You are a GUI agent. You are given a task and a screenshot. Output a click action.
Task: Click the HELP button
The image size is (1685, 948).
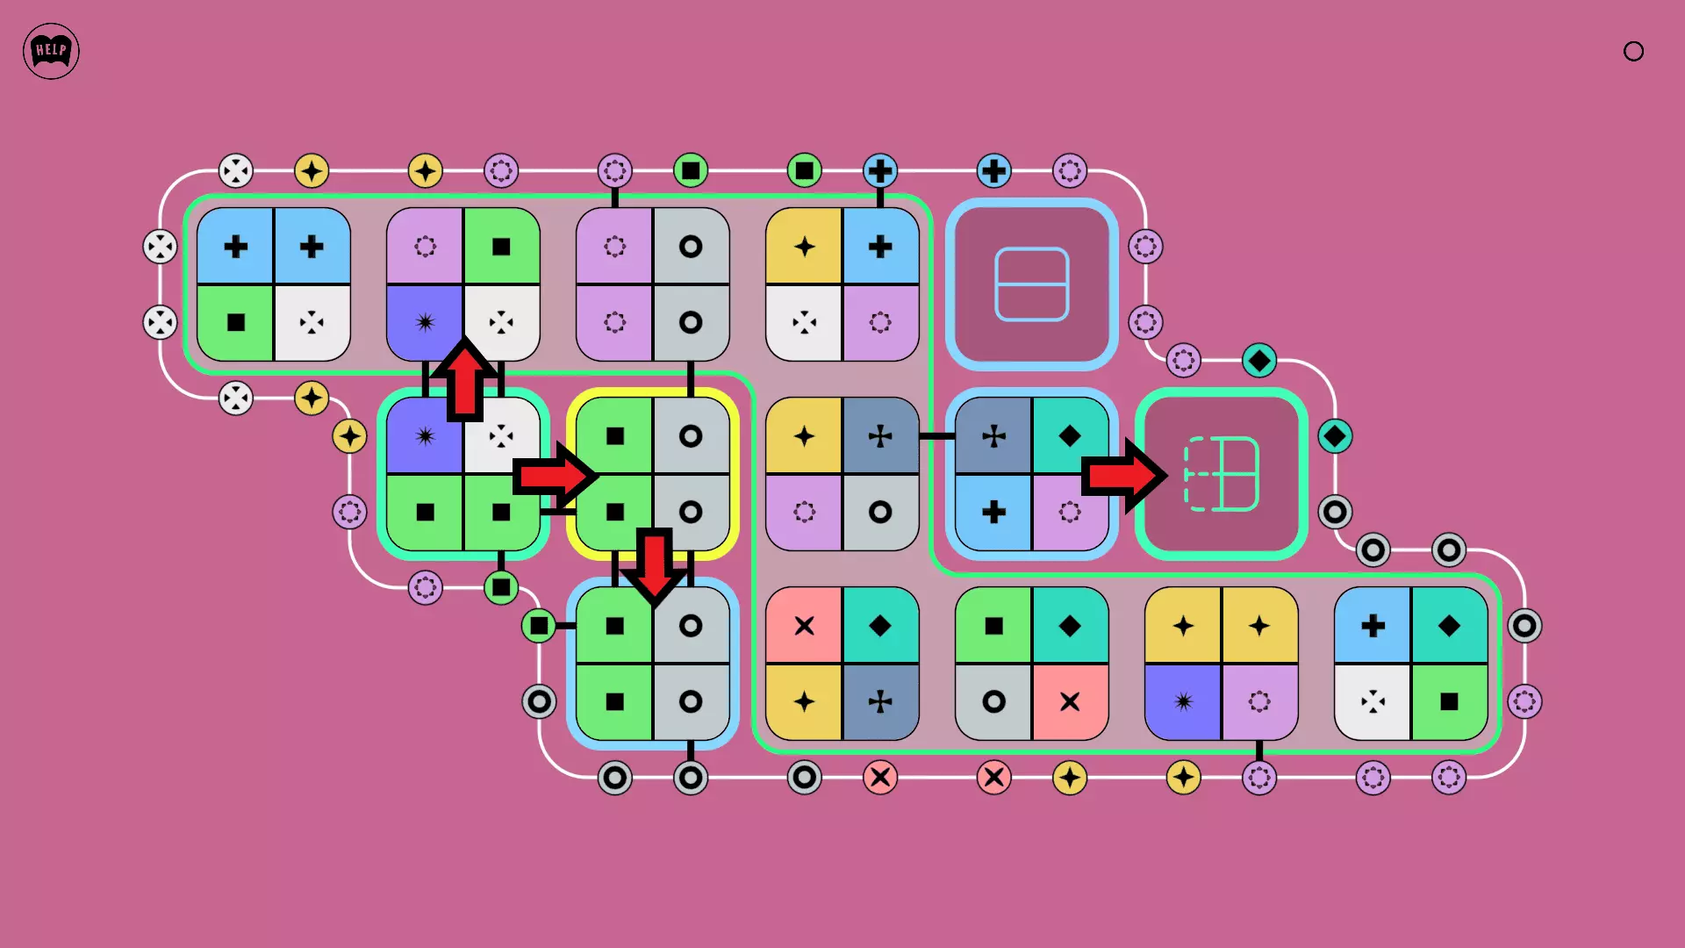(51, 51)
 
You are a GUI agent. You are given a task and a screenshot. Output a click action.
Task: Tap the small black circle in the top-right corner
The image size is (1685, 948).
(1633, 51)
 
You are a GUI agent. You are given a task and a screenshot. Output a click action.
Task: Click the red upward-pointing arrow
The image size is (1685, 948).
(464, 378)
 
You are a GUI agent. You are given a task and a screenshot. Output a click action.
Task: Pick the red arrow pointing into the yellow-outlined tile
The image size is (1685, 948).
(556, 476)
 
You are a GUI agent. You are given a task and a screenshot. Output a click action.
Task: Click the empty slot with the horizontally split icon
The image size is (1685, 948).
(1031, 284)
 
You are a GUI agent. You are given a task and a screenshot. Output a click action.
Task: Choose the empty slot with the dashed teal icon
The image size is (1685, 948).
(1221, 474)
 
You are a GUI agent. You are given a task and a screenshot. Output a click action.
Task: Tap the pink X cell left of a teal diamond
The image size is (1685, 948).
(804, 626)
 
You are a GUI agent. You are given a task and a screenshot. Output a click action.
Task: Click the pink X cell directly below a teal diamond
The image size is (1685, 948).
(1070, 701)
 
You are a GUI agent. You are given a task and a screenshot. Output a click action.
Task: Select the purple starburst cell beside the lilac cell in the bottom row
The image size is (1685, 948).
(1183, 701)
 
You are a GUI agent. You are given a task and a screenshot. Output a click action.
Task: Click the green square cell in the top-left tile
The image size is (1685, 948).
(235, 322)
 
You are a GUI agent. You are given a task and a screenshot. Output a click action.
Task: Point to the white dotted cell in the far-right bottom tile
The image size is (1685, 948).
(1373, 701)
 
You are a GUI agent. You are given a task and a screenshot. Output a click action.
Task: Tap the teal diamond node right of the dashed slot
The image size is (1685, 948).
(1335, 436)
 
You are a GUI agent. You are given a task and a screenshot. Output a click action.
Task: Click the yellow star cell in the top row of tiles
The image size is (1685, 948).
(804, 247)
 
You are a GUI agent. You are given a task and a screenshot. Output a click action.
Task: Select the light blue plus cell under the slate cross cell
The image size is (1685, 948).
(993, 512)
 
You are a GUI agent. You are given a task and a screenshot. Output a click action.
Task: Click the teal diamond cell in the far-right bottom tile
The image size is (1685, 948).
(1449, 626)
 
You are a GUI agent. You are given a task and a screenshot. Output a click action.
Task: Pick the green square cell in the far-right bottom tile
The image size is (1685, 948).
(1449, 701)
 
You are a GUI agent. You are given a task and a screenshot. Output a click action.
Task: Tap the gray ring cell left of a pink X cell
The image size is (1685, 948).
(993, 701)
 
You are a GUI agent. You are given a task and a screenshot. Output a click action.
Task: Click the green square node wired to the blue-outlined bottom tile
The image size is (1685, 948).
(539, 626)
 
